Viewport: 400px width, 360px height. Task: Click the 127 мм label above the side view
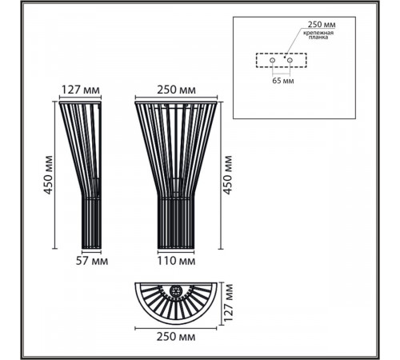81,90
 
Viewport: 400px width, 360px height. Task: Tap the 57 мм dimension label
92,261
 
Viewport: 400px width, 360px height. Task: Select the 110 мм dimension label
176,261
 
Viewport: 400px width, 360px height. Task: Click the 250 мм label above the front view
176,90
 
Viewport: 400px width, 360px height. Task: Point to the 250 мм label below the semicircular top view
176,337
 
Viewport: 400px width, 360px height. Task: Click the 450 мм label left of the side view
48,175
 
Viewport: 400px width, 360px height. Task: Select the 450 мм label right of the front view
227,175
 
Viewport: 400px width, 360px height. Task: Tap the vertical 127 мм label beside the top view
228,303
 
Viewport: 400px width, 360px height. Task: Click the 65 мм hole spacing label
283,81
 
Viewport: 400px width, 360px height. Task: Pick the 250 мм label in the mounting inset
322,25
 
